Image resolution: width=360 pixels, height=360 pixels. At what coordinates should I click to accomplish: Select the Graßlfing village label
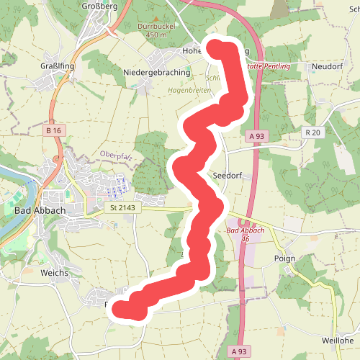[x=55, y=65]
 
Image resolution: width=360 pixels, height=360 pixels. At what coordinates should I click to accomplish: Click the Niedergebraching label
[x=157, y=73]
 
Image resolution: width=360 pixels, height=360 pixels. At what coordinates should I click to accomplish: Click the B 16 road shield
[x=53, y=130]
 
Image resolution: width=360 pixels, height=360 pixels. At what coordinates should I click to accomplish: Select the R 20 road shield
[x=312, y=132]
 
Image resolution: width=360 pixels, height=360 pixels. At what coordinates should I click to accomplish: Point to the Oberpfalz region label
[x=118, y=154]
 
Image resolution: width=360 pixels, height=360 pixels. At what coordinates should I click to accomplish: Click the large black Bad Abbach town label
[x=39, y=210]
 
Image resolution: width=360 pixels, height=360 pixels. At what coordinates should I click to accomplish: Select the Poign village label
[x=285, y=256]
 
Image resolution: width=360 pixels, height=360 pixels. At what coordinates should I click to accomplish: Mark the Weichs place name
[x=55, y=273]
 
